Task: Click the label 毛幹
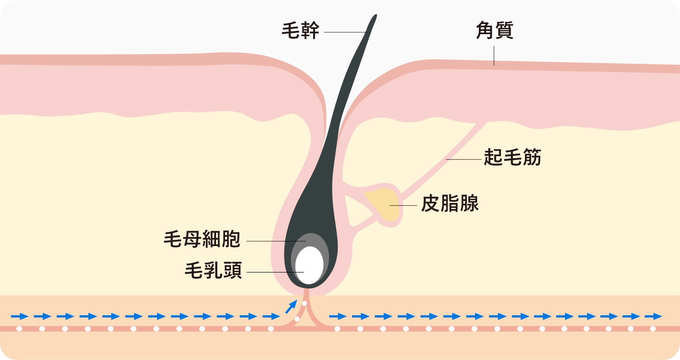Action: (301, 31)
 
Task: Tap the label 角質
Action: (494, 31)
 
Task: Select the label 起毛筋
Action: (512, 157)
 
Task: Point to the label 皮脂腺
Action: (450, 203)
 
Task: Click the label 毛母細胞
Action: (202, 239)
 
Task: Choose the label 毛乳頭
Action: (213, 270)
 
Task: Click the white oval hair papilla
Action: (309, 265)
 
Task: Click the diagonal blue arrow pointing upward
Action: (291, 307)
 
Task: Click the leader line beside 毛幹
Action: (345, 32)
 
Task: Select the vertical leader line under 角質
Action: (494, 56)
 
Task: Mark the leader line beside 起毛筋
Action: (464, 159)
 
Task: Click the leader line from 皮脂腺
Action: (403, 205)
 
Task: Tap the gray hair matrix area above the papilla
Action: (310, 240)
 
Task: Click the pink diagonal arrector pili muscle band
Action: (443, 158)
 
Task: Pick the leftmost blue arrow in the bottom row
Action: (20, 316)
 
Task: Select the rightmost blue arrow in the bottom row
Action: (653, 316)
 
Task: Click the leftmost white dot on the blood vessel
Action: (19, 329)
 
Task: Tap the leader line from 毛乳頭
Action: (275, 272)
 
